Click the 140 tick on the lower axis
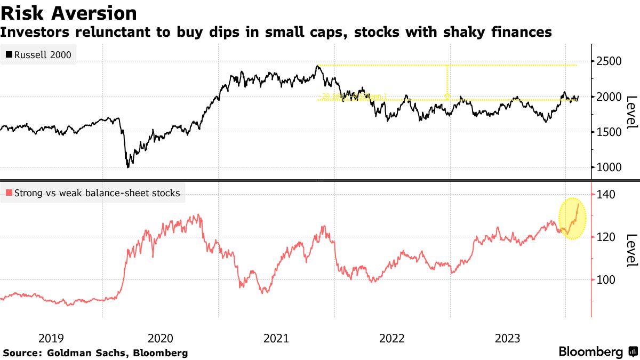606,195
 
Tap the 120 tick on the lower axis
606,237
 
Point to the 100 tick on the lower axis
606,280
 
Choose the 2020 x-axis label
160,338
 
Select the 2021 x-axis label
276,338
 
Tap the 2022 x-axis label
392,338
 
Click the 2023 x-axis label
508,338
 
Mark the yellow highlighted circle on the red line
572,219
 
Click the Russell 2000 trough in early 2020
128,166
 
